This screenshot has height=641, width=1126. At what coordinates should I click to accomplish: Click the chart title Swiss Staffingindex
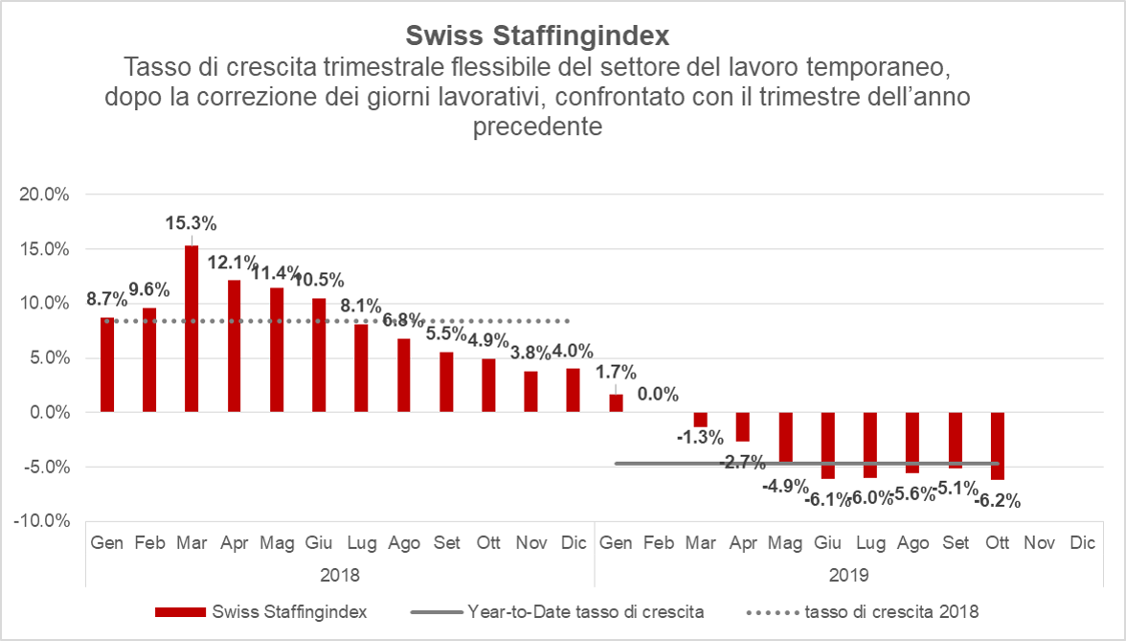(x=537, y=35)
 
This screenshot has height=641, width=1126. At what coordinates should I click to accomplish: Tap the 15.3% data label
(x=191, y=224)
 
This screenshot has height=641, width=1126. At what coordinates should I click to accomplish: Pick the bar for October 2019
(x=998, y=446)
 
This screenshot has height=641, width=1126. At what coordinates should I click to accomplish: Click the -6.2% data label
(x=998, y=500)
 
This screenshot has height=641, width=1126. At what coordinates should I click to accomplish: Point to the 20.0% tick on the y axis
(x=44, y=195)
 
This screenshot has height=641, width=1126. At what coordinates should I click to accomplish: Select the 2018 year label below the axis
(x=340, y=576)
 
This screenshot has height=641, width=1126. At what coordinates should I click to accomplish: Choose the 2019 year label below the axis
(x=849, y=576)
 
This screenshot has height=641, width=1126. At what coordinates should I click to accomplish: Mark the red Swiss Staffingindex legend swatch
(x=180, y=611)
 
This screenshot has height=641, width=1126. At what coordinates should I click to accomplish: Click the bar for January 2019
(x=616, y=403)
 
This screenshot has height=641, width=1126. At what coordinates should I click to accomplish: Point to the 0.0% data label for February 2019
(x=659, y=394)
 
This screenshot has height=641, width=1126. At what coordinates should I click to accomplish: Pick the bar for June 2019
(x=828, y=446)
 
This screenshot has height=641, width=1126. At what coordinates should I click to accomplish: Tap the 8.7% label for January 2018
(x=105, y=299)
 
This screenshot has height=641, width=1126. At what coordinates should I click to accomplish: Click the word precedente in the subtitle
(x=537, y=127)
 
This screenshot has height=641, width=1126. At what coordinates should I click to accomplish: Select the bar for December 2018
(x=573, y=390)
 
